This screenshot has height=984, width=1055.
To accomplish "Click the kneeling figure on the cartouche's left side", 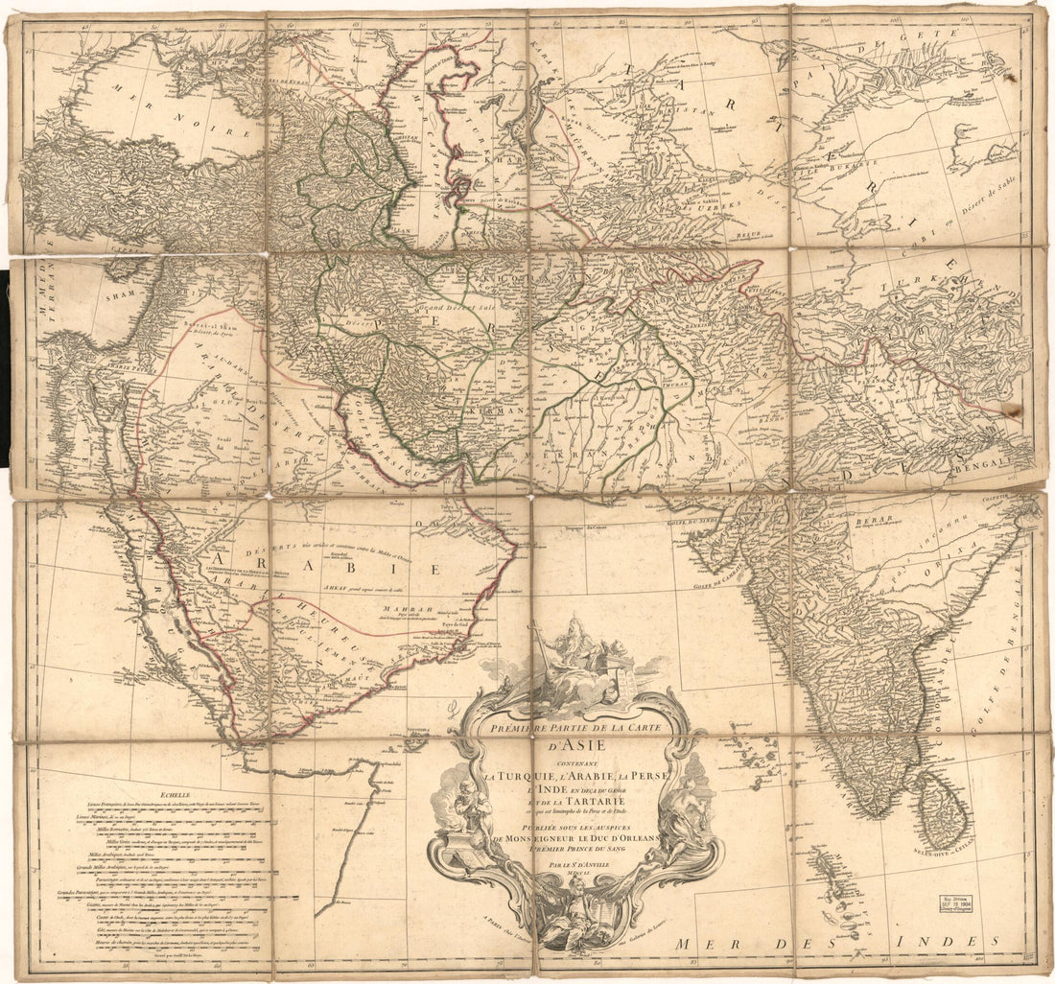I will point(471,811).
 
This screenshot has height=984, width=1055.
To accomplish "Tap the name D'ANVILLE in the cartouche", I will point(585,863).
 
